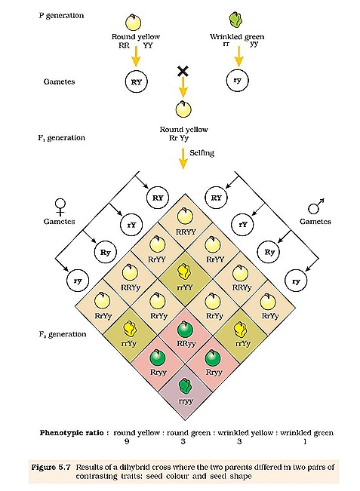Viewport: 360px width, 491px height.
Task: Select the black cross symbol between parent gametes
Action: tap(181, 72)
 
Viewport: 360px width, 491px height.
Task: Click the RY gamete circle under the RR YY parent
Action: tap(137, 83)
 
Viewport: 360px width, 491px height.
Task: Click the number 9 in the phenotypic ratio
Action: tap(125, 443)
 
